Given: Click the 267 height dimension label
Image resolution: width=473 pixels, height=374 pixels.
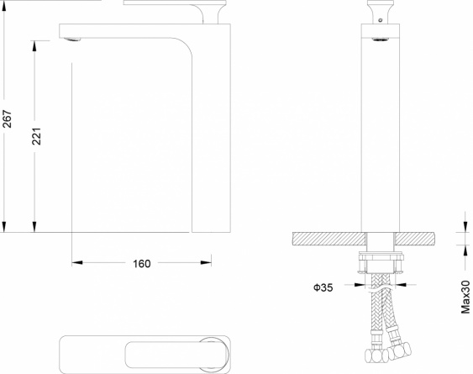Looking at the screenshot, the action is tap(7, 119).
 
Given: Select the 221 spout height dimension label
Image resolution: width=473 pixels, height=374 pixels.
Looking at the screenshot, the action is tap(36, 136).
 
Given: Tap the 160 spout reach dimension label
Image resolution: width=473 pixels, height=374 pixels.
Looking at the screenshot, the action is tap(142, 264).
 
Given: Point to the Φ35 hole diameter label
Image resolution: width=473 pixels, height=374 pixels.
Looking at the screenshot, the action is tap(323, 287).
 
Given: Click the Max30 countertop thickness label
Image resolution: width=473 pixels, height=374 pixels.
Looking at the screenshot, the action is tap(465, 297).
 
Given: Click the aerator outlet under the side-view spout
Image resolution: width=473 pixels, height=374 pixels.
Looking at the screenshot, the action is tap(73, 40).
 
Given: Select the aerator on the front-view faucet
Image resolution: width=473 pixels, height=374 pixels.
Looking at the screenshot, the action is tap(380, 40).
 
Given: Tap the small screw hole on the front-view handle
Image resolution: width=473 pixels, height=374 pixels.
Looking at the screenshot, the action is tap(381, 20).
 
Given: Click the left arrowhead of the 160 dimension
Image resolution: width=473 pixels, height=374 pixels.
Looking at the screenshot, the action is tap(77, 262).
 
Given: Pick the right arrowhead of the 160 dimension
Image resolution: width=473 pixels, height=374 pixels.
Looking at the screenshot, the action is tap(206, 262).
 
